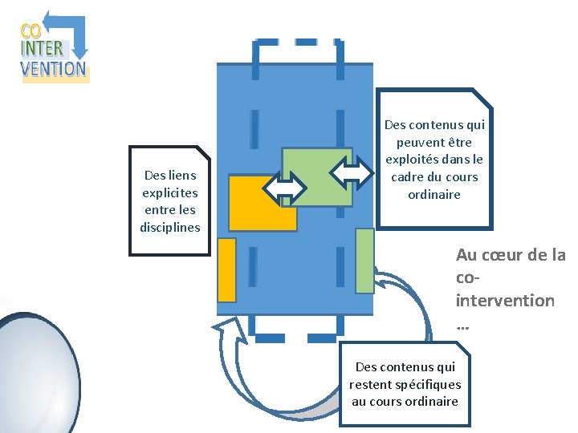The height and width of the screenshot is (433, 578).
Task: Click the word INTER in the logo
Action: coord(42,49)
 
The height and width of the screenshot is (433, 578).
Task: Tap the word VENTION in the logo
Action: coord(54,68)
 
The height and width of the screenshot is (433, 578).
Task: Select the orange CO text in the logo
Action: coord(31,31)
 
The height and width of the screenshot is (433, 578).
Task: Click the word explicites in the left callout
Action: coord(169,192)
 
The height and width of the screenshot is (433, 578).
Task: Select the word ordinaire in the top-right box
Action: coord(434,195)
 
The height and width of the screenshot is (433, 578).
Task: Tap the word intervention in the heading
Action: coord(504,301)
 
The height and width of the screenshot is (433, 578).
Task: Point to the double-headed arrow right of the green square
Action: coord(351,171)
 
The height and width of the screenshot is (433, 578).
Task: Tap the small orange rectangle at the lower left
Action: coord(226,269)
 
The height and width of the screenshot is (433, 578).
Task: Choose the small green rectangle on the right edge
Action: coord(364,261)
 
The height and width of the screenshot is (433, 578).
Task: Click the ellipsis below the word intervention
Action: coord(462,326)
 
